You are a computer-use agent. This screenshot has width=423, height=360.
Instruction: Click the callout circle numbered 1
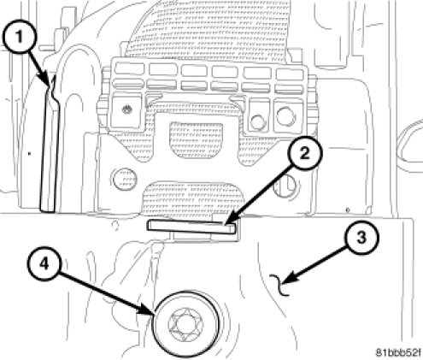click(19, 37)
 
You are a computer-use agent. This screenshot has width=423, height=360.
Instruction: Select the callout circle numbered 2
click(304, 154)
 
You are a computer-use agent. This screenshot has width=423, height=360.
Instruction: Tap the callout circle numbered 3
click(361, 237)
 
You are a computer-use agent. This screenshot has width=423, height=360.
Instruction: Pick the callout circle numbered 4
click(44, 264)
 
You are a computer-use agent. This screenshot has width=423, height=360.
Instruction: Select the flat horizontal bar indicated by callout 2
click(191, 227)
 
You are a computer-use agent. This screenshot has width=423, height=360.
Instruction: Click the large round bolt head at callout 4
click(186, 324)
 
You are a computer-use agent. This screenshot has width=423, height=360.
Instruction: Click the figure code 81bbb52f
click(397, 353)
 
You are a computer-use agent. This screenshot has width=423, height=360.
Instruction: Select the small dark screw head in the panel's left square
click(126, 109)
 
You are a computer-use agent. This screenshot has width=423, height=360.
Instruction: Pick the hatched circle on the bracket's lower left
click(125, 180)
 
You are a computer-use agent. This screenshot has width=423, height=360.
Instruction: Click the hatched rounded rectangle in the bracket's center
click(196, 140)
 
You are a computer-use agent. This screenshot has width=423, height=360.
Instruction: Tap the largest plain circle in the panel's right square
click(285, 115)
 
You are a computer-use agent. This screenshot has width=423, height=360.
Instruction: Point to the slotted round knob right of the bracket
click(285, 186)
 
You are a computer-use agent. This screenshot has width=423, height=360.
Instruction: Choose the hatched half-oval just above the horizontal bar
click(195, 198)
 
